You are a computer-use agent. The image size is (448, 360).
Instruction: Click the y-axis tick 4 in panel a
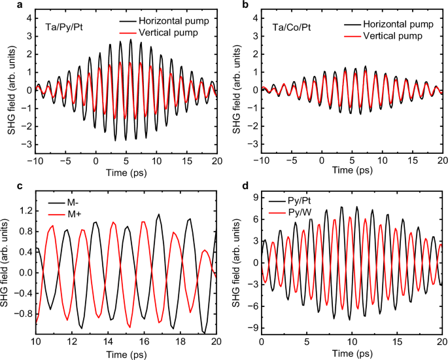click(20, 18)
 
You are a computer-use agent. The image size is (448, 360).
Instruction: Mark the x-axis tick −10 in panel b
click(261, 160)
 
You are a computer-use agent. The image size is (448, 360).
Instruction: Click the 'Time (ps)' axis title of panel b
click(352, 171)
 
